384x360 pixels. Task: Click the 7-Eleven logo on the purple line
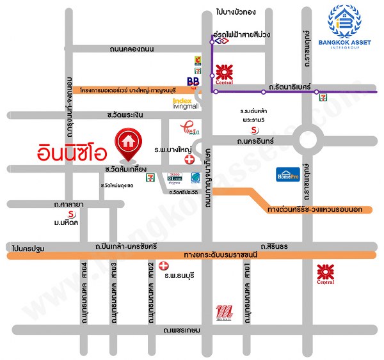[317, 97]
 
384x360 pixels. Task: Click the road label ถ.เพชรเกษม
[182, 330]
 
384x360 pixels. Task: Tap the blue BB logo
[193, 81]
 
